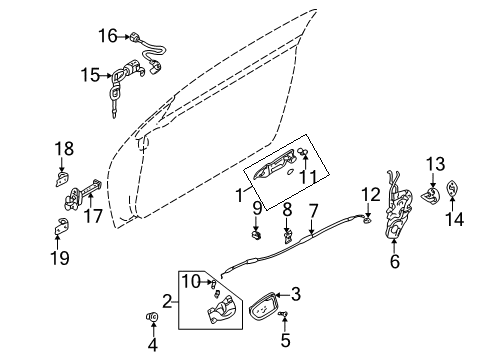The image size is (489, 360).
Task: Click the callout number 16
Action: coord(108,37)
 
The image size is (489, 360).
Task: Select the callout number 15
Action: coord(90,74)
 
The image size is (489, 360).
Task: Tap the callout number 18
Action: coord(63,149)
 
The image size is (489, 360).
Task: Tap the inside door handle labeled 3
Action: coord(260,301)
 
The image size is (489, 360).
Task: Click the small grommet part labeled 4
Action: coord(154,320)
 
